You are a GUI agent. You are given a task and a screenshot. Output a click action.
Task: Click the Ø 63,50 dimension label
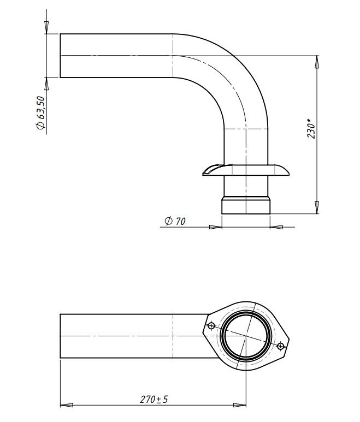pyautogui.click(x=40, y=112)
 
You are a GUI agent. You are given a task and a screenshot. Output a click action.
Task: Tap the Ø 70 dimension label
pyautogui.click(x=175, y=221)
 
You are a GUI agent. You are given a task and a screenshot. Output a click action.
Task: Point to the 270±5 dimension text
pyautogui.click(x=154, y=399)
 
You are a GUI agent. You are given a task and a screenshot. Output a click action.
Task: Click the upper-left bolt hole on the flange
pyautogui.click(x=211, y=326)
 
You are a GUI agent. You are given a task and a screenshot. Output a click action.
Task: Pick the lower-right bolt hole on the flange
pyautogui.click(x=280, y=346)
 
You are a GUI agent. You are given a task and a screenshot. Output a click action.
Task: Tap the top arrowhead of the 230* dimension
pyautogui.click(x=317, y=62)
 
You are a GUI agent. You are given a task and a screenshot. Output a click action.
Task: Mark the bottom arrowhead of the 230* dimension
pyautogui.click(x=317, y=207)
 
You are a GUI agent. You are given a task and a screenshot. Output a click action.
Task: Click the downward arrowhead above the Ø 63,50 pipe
pyautogui.click(x=46, y=27)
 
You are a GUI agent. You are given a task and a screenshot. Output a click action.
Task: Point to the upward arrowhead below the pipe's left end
pyautogui.click(x=46, y=84)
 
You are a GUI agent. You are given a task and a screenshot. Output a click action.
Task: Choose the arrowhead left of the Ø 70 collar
pyautogui.click(x=215, y=227)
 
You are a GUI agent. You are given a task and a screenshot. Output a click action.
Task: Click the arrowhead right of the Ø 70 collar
pyautogui.click(x=276, y=227)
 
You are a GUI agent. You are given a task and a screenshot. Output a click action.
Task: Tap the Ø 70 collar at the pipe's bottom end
pyautogui.click(x=246, y=206)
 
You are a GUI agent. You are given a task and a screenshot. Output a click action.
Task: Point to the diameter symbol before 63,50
pyautogui.click(x=40, y=125)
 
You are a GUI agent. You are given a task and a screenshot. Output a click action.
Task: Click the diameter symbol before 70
pyautogui.click(x=169, y=221)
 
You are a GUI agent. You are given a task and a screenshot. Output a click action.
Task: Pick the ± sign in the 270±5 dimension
pyautogui.click(x=159, y=400)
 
